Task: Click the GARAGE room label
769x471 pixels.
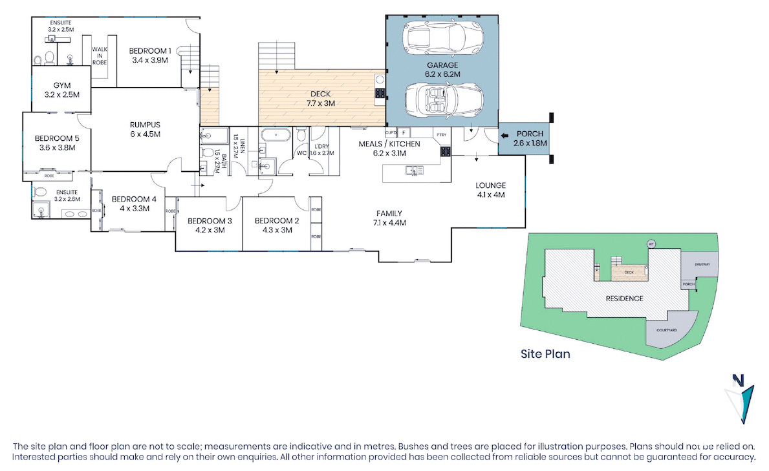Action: (442, 65)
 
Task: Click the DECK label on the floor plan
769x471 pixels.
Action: (320, 94)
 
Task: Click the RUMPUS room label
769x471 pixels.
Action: (144, 125)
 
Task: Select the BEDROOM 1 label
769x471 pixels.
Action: (149, 50)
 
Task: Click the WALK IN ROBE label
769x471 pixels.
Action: (99, 57)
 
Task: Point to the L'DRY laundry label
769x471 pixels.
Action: (321, 145)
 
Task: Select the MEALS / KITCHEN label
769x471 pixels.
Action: (389, 143)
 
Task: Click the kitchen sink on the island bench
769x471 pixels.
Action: (411, 171)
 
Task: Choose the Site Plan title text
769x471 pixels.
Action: (545, 354)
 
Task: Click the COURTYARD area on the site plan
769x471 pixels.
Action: (667, 330)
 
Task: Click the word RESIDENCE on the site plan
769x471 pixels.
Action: (624, 298)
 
